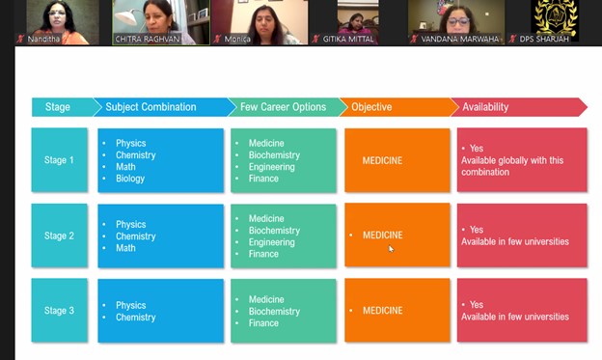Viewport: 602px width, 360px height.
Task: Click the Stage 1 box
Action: [60, 160]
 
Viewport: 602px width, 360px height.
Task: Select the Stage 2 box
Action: [60, 235]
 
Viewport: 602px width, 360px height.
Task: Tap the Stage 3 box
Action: [60, 311]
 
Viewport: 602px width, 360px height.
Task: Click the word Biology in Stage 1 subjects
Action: [130, 179]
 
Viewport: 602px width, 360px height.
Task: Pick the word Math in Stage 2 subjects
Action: [126, 248]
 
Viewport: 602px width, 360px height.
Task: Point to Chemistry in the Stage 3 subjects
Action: [136, 318]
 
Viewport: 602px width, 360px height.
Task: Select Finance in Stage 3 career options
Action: [263, 323]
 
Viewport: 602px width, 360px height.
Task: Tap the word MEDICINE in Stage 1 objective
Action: [383, 160]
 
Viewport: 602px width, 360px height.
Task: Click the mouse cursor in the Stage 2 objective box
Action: [391, 248]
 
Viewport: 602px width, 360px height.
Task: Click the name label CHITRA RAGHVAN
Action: [147, 39]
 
